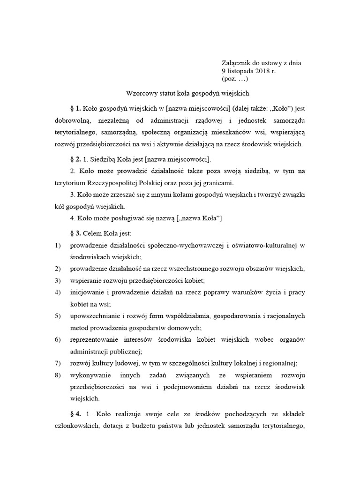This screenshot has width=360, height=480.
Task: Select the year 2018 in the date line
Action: pyautogui.click(x=262, y=71)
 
